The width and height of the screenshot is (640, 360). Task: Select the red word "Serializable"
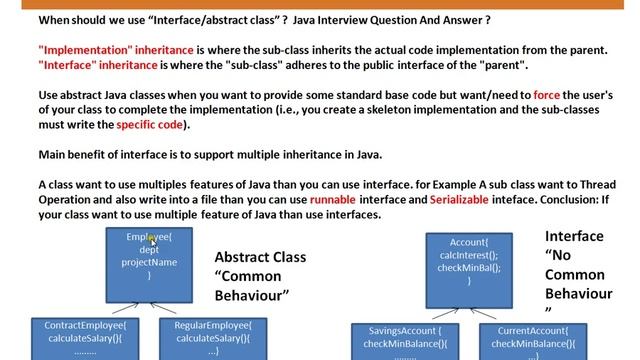tap(464, 200)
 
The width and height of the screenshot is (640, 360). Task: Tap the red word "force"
tap(547, 94)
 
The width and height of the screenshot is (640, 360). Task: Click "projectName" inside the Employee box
tap(149, 262)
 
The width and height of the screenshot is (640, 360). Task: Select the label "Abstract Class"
tap(260, 257)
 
